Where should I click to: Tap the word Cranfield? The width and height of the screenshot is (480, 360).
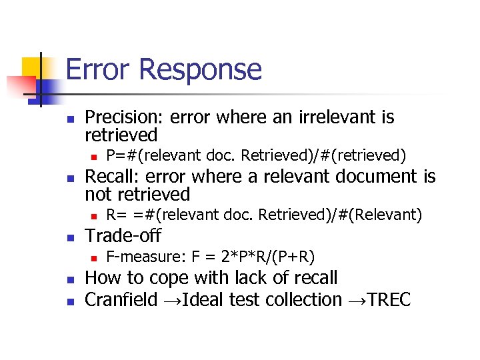121,300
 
